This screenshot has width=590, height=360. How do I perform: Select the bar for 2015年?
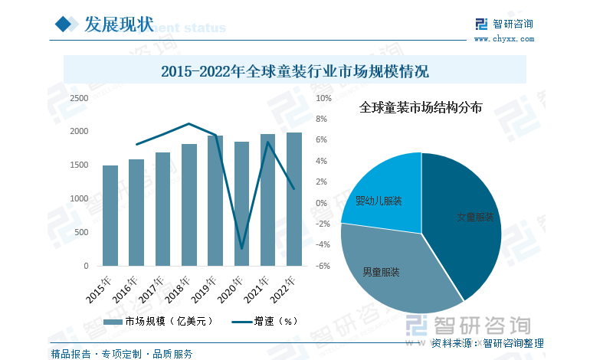(110, 216)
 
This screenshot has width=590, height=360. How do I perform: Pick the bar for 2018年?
(189, 205)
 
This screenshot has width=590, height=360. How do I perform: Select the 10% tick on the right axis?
(323, 99)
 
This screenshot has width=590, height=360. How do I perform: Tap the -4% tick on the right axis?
(323, 245)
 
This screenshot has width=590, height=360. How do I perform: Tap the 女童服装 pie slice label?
(474, 218)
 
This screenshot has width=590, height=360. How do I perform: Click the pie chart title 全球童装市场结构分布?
(421, 108)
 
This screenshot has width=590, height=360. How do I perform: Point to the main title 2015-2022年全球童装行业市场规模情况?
(295, 73)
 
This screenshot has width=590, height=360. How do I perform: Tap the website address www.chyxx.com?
(503, 38)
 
